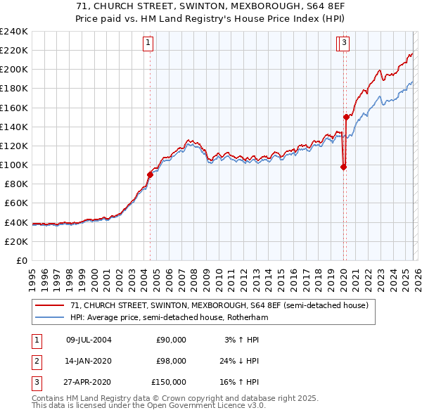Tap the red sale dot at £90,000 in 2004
coord(150,174)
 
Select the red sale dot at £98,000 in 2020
coord(343,167)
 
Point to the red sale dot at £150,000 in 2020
coord(346,117)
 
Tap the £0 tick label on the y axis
coord(21,260)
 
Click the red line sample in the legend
coord(49,305)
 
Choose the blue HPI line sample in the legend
coord(49,317)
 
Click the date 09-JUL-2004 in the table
coord(88,340)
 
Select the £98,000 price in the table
coord(171,361)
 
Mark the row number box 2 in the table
coord(34,361)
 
